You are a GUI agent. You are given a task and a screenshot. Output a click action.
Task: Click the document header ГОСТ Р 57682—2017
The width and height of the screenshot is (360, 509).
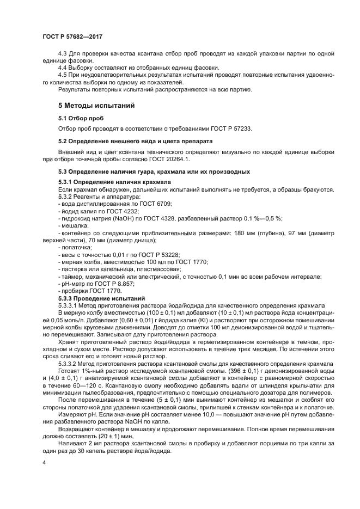(72, 36)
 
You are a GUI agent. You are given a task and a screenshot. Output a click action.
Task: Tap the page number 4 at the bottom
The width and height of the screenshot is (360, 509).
(44, 462)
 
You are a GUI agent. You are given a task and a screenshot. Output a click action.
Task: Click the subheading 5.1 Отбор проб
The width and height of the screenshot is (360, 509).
(81, 118)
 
